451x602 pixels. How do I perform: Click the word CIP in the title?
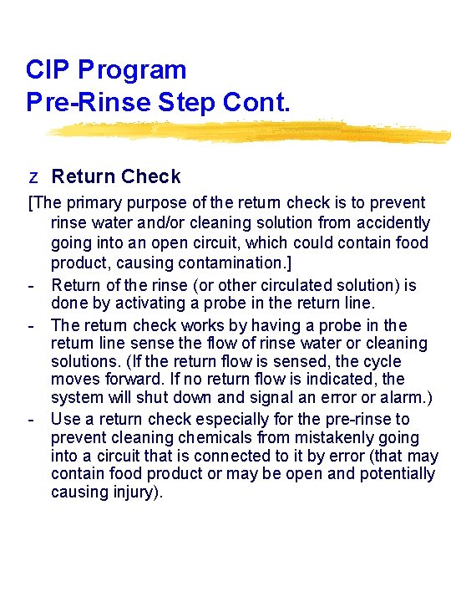point(48,69)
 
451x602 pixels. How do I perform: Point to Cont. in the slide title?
point(256,102)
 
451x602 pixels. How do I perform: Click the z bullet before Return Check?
point(33,177)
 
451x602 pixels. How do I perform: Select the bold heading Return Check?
point(116,176)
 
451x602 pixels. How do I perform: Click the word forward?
point(134,379)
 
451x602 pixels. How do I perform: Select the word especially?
point(232,420)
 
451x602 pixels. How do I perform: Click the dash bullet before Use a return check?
point(31,420)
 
